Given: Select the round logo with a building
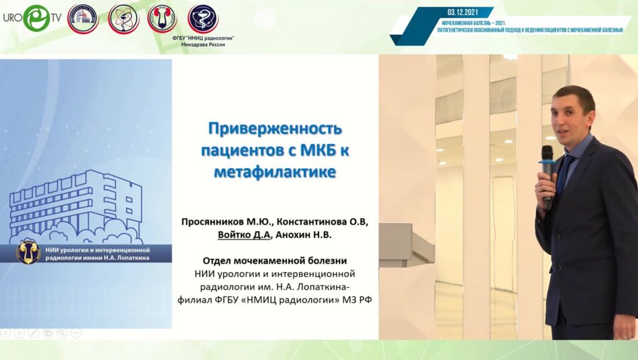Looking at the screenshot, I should tap(82, 19).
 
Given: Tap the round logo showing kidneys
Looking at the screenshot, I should tap(162, 18).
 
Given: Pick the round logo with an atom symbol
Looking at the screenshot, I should tap(123, 19).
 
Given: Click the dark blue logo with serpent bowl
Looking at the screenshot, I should tap(203, 18).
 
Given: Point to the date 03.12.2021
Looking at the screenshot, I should tap(464, 12).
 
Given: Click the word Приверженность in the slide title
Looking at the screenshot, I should tap(274, 129).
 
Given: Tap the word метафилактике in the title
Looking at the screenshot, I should tap(274, 171).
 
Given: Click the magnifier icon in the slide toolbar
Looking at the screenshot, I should tap(62, 332).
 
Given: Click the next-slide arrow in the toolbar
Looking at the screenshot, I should tap(19, 332).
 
